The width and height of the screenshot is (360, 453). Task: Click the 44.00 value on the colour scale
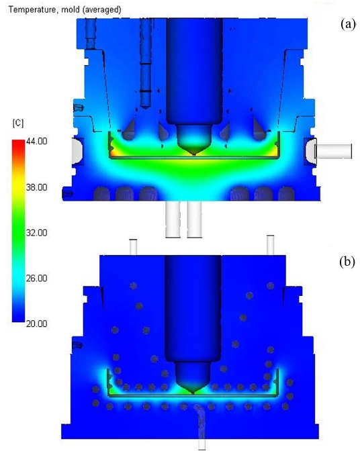click(36, 142)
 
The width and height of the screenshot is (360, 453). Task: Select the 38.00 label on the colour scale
click(36, 187)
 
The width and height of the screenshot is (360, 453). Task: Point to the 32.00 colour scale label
click(36, 233)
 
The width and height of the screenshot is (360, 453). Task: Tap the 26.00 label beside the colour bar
click(36, 278)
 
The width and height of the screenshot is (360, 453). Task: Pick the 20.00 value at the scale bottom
click(36, 323)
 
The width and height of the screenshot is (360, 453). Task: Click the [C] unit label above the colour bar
click(18, 123)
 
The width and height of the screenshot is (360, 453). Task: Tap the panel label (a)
click(348, 23)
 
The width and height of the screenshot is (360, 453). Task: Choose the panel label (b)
click(347, 262)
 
